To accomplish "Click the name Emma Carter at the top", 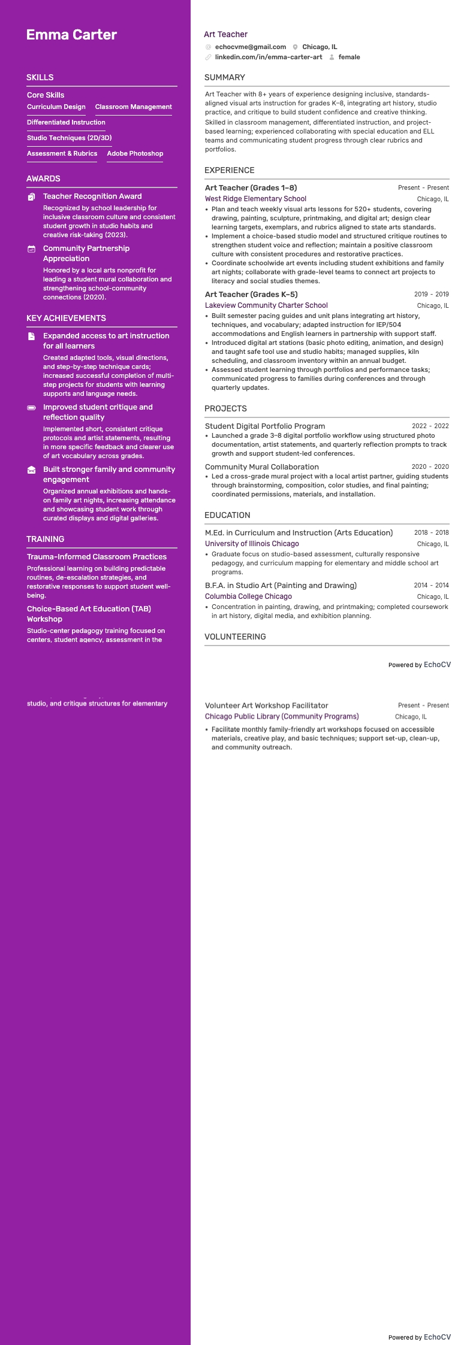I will click(x=71, y=35).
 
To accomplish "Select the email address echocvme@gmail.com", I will click(x=250, y=47).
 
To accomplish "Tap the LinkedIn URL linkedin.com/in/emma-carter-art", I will click(x=268, y=57).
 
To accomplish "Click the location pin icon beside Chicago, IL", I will click(x=296, y=47).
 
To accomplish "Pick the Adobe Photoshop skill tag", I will click(x=135, y=154).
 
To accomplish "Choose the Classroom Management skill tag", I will click(x=133, y=107).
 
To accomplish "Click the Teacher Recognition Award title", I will click(x=92, y=196).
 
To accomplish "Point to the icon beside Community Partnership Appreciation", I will click(x=32, y=249).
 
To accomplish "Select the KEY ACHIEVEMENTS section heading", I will click(x=66, y=319).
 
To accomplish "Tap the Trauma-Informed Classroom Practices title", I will click(x=97, y=557).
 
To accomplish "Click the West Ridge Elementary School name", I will click(x=255, y=199).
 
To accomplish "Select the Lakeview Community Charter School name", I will click(x=266, y=305).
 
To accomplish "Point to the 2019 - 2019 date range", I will click(x=431, y=295).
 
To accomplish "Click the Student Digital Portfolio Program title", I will click(x=265, y=426).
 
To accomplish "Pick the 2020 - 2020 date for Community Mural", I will click(x=430, y=467).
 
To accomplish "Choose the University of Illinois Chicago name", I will click(x=252, y=544).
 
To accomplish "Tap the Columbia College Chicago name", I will click(x=248, y=596).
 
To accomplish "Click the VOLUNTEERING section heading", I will click(x=235, y=637).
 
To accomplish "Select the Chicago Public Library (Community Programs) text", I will click(x=282, y=717).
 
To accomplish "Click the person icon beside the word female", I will click(x=332, y=57).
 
